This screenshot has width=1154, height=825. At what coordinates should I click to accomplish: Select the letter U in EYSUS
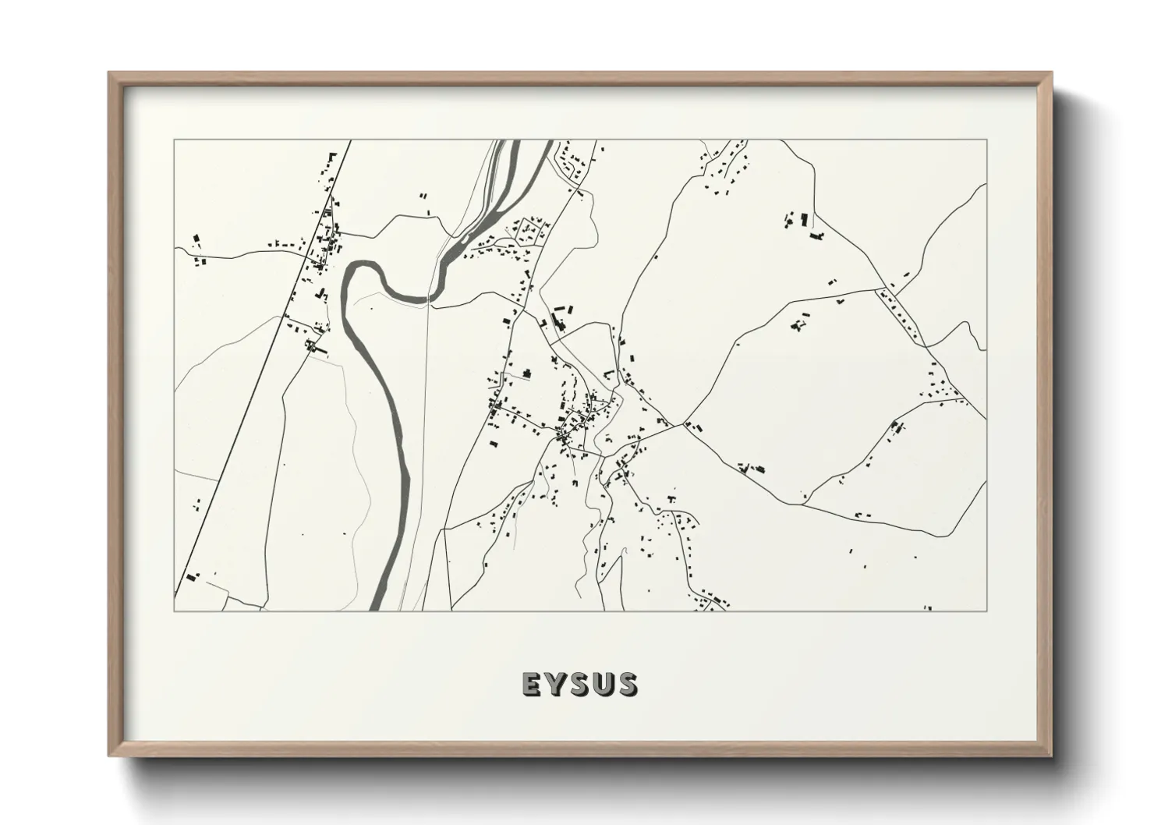coord(602,685)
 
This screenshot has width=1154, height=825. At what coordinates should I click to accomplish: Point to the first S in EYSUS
coord(579,685)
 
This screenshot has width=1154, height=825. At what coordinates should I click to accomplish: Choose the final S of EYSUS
coord(626,685)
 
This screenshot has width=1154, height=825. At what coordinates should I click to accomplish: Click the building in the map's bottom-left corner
coord(190,577)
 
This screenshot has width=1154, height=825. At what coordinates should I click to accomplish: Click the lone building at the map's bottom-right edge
coord(927,607)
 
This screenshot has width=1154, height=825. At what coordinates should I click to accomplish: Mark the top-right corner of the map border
coord(986,140)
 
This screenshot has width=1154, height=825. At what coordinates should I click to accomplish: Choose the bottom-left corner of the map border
coord(175,611)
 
